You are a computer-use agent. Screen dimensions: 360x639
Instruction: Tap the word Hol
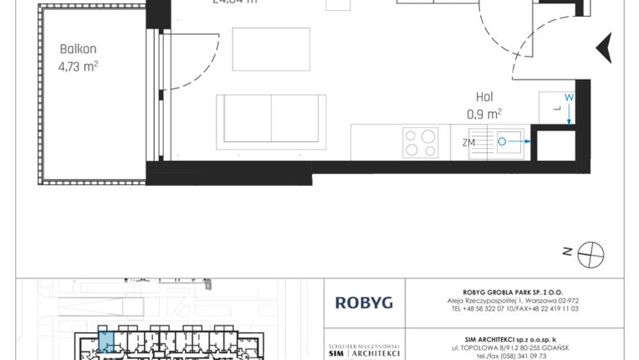483,97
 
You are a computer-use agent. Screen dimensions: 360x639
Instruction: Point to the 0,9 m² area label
484,113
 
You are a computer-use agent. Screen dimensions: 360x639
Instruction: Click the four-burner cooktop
420,141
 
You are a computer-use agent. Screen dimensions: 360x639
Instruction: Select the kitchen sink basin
506,142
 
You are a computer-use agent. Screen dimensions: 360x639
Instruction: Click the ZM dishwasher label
468,142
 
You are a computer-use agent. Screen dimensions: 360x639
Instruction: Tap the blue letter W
568,98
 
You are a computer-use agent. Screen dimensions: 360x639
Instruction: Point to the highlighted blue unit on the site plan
104,341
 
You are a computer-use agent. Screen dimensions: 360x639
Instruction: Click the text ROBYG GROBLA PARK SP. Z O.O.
513,291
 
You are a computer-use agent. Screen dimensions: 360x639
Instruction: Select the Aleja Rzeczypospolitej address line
513,300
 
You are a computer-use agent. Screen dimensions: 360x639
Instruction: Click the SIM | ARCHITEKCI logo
362,353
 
